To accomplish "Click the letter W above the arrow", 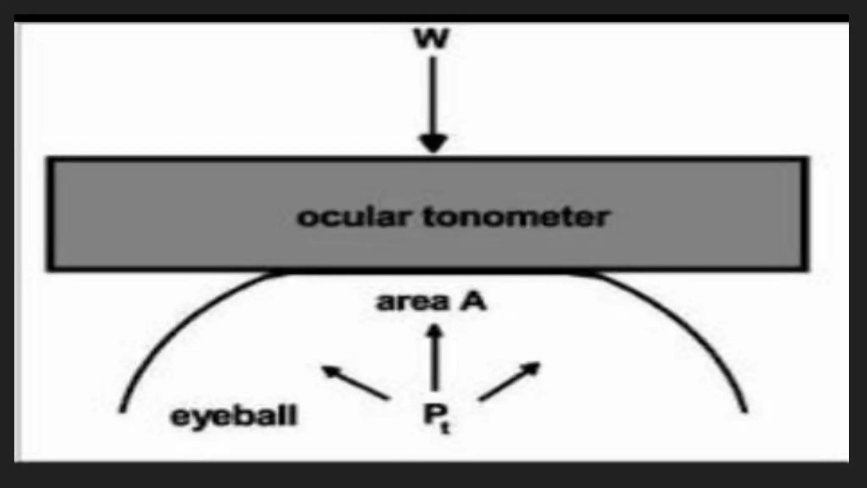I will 431,39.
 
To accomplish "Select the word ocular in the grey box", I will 354,217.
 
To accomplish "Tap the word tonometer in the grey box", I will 516,217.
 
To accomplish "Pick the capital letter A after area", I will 473,302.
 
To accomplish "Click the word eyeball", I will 234,416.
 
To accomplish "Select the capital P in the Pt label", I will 432,413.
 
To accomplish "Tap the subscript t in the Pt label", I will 445,427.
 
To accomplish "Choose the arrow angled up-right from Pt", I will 510,381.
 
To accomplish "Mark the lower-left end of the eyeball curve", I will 122,410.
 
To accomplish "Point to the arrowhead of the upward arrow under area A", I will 434,330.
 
